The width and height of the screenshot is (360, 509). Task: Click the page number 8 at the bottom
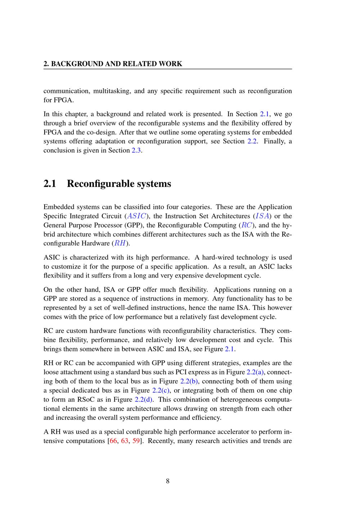168,481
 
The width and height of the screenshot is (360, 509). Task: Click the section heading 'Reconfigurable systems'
119,184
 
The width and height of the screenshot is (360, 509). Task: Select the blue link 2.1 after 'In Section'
264,114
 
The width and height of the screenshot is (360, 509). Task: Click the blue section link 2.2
252,141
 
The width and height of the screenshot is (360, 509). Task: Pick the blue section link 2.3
136,150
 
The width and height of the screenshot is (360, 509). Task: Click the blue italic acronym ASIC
137,216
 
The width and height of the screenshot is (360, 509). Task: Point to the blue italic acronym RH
120,243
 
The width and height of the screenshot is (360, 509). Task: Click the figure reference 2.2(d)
144,399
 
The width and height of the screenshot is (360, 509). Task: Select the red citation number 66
113,441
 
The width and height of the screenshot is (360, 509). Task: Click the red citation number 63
125,441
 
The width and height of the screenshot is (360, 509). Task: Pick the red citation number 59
136,441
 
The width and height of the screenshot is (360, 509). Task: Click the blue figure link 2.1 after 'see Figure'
229,349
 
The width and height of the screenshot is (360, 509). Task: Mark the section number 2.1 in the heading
50,184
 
